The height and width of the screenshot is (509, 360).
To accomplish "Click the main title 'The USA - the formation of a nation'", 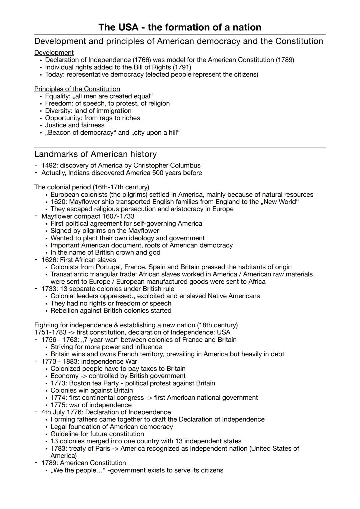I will click(x=180, y=27).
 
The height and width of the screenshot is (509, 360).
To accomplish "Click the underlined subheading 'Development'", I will click(x=54, y=53).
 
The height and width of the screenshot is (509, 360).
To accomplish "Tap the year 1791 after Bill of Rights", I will click(x=182, y=67).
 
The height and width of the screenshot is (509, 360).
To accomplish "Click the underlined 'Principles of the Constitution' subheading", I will click(x=77, y=89).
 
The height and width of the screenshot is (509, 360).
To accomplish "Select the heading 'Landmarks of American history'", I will click(x=95, y=154).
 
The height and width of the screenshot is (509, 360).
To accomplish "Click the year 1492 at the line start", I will click(x=48, y=165).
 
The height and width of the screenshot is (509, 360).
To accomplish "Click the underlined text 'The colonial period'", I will click(x=62, y=187).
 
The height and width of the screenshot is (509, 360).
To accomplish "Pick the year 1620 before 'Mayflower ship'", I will click(x=57, y=202).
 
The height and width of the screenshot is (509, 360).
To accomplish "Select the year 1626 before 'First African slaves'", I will click(x=49, y=260).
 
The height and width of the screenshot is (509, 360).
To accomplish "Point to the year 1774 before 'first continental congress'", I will click(x=57, y=398).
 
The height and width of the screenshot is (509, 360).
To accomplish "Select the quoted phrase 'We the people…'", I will click(x=77, y=470).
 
